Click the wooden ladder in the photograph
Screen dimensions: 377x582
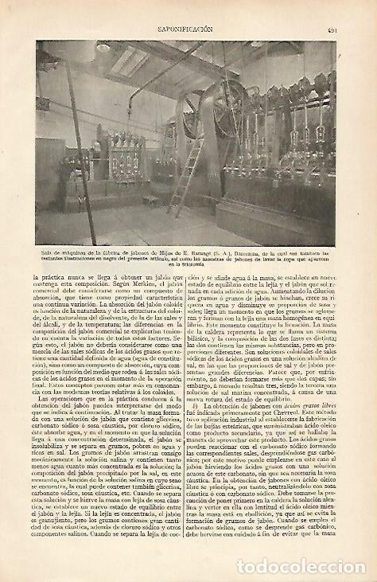point(191,170)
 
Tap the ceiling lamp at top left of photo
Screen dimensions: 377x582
point(102,49)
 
